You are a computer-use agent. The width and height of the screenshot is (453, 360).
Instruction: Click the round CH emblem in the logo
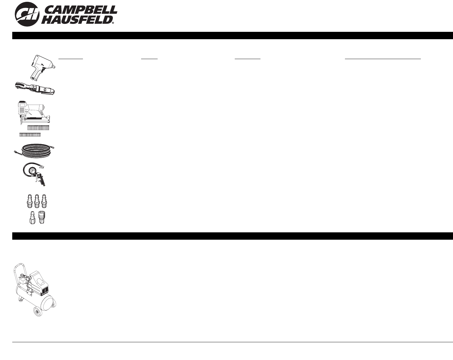(27, 14)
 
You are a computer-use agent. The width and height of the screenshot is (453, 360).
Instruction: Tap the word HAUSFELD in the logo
(77, 20)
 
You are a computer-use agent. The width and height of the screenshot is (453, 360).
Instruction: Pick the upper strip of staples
(38, 128)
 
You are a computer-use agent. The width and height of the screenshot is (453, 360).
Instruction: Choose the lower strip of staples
(30, 135)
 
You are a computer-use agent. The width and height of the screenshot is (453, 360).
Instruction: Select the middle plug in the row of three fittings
(37, 201)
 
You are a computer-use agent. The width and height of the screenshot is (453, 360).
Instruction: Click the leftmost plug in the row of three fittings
(30, 201)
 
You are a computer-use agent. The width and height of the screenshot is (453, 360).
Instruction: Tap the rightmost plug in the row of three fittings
(44, 201)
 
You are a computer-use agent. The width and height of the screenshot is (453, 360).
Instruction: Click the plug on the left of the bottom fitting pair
(32, 218)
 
